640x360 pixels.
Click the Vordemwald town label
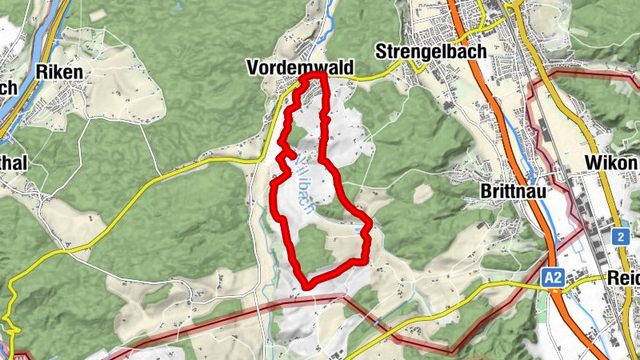click(x=300, y=70)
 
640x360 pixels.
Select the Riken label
click(x=60, y=72)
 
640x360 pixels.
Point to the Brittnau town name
click(x=512, y=191)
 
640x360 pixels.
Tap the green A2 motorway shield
click(x=552, y=278)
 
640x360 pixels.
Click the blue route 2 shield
click(x=621, y=237)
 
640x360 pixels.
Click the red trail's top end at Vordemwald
click(x=318, y=75)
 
